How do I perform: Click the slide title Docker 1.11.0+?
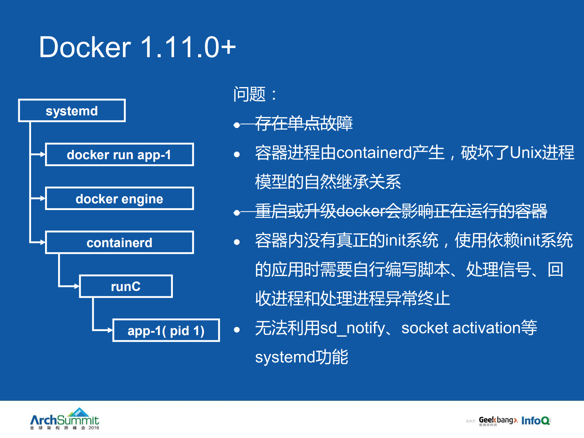pyautogui.click(x=137, y=47)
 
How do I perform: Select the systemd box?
pyautogui.click(x=72, y=110)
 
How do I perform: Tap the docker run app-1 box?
pyautogui.click(x=119, y=155)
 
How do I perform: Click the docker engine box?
pyautogui.click(x=119, y=199)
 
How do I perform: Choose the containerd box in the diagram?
pyautogui.click(x=119, y=243)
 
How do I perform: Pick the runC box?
pyautogui.click(x=126, y=286)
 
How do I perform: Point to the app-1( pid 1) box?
pyautogui.click(x=166, y=331)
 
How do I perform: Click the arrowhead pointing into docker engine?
pyautogui.click(x=43, y=198)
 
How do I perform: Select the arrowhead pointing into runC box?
pyautogui.click(x=77, y=286)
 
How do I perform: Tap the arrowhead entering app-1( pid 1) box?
pyautogui.click(x=110, y=330)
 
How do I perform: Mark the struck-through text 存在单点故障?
pyautogui.click(x=303, y=123)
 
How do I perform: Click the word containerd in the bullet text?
pyautogui.click(x=374, y=152)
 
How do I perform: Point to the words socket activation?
pyautogui.click(x=460, y=328)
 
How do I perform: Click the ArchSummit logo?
pyautogui.click(x=65, y=419)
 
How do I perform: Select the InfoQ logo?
pyautogui.click(x=535, y=421)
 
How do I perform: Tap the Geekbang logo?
pyautogui.click(x=498, y=421)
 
